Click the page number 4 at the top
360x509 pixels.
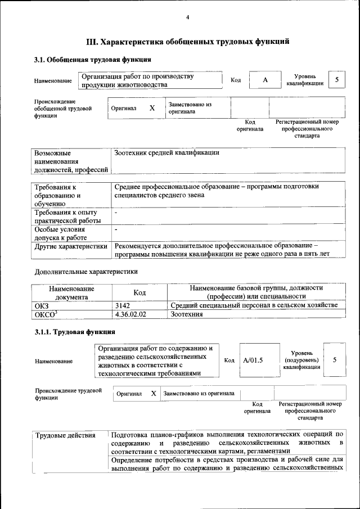click(188, 18)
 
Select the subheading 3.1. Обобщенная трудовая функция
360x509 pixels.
click(92, 59)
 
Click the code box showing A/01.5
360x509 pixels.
click(253, 360)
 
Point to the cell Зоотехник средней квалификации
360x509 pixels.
click(166, 152)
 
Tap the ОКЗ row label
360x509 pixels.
click(42, 305)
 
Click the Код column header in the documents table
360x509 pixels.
click(139, 292)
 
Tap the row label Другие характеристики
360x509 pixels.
click(71, 246)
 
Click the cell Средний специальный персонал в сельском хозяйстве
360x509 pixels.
click(254, 305)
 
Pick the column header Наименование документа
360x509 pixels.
click(71, 292)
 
